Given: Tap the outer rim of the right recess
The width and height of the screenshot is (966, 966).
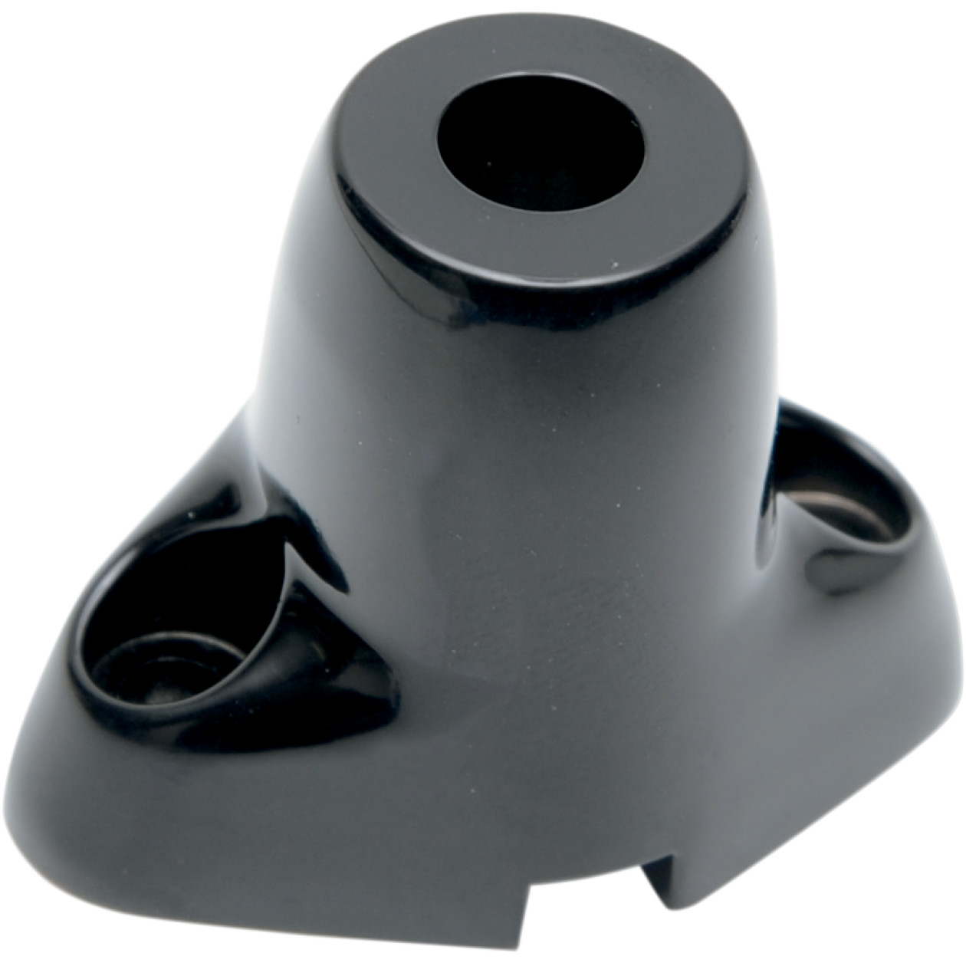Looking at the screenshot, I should pyautogui.click(x=905, y=537).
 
